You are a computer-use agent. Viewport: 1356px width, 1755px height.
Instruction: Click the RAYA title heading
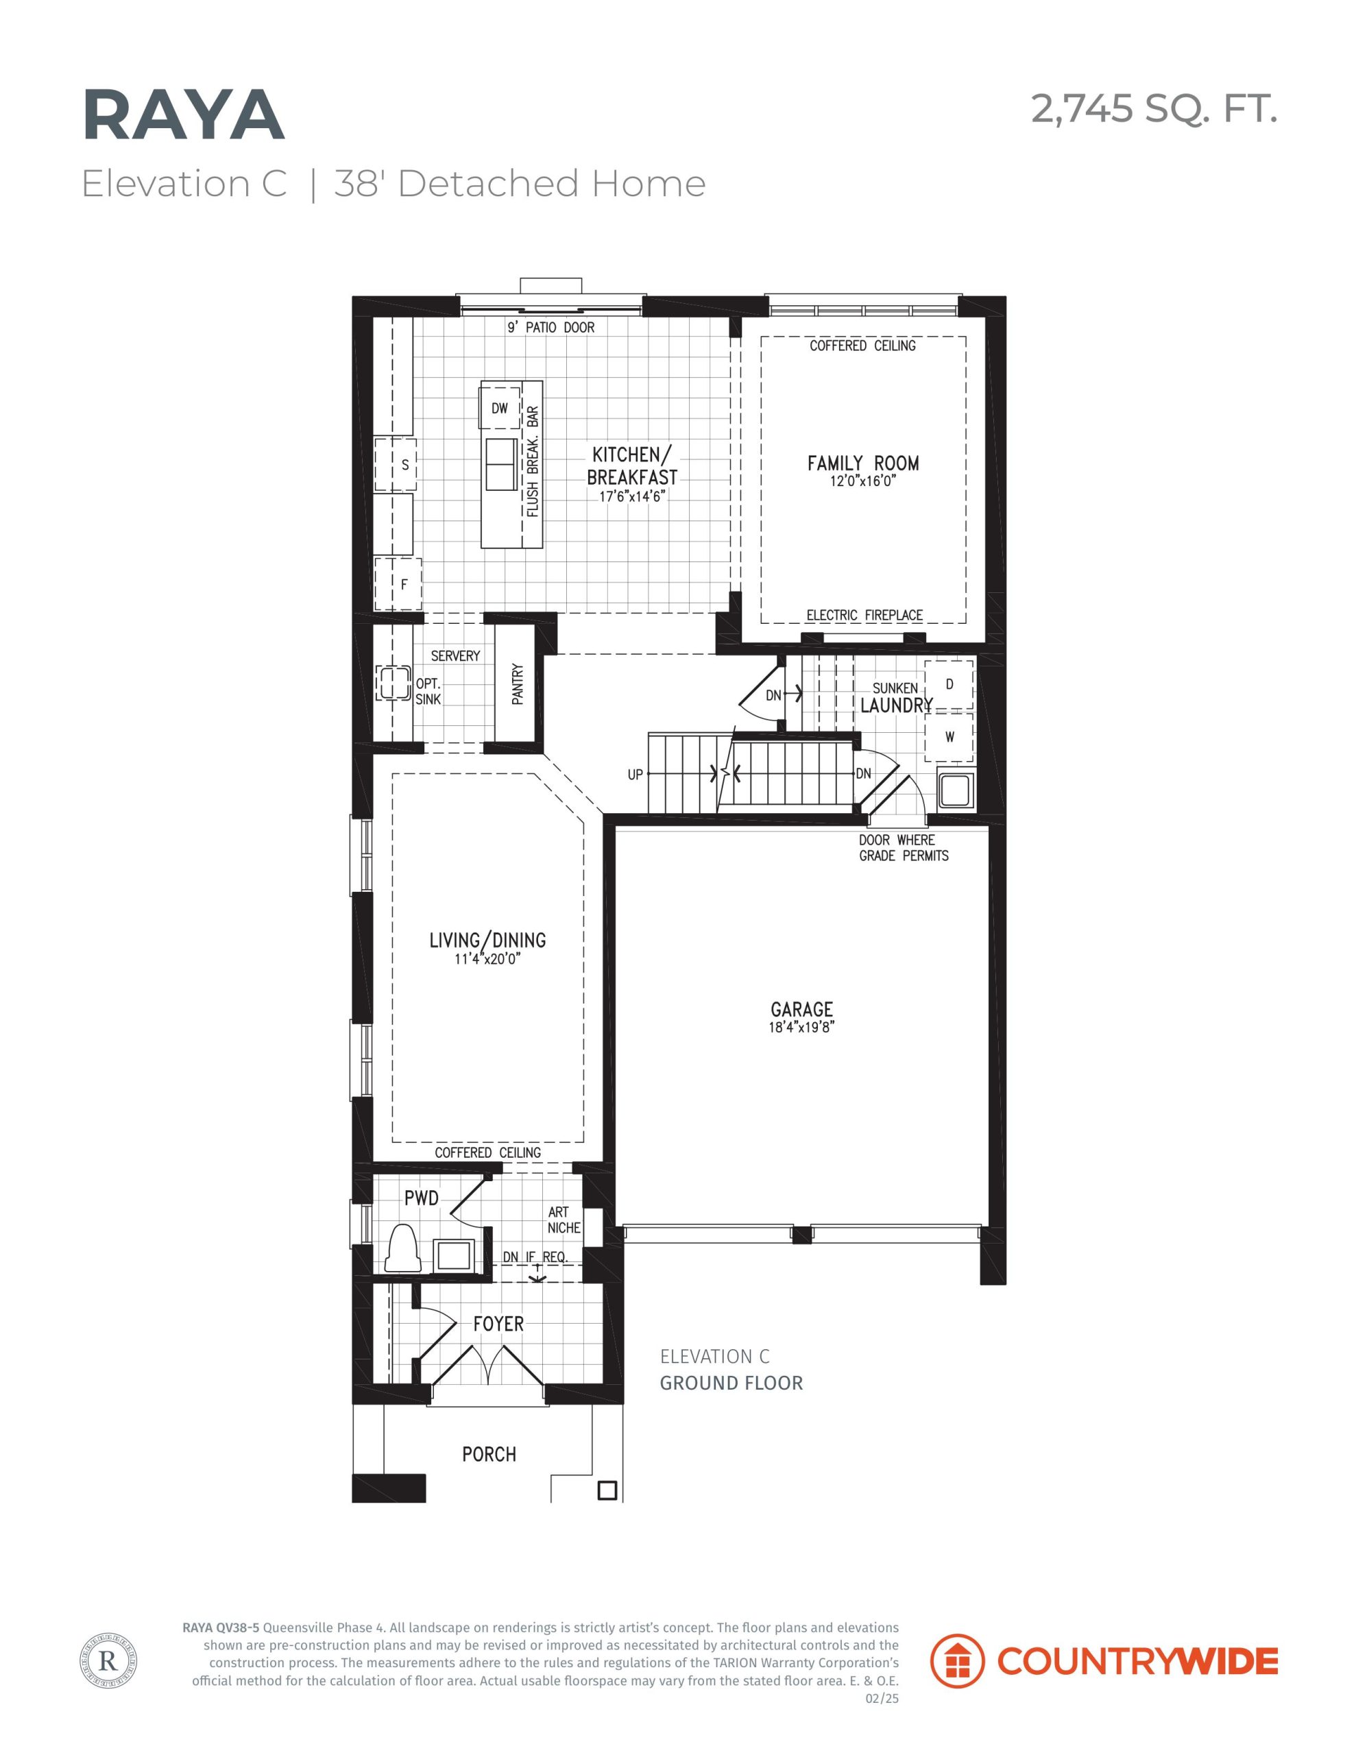(x=183, y=116)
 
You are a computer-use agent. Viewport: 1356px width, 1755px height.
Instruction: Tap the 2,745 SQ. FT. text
(x=1154, y=108)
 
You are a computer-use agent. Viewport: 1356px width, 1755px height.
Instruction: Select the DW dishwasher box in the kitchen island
(x=500, y=408)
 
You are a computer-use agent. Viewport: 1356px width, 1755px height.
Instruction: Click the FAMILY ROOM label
(x=862, y=463)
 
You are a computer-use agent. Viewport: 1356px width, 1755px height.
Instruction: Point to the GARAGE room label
(x=801, y=1009)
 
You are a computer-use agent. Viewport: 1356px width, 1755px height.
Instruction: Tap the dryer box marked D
(x=949, y=685)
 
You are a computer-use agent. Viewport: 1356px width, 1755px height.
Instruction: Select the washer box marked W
(x=949, y=737)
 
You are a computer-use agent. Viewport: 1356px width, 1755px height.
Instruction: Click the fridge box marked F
(x=396, y=584)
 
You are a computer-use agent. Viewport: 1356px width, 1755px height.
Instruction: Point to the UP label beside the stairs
(x=635, y=775)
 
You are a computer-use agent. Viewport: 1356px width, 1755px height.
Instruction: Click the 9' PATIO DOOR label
(x=550, y=327)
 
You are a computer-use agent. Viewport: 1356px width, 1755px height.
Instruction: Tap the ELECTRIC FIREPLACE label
(x=864, y=615)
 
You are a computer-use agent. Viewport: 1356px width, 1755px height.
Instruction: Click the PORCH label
(x=489, y=1453)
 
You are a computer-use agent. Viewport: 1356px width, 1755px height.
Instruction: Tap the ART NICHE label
(x=564, y=1220)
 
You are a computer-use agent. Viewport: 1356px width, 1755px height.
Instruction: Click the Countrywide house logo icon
(x=956, y=1661)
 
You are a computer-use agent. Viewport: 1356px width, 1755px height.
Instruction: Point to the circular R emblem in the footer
(x=108, y=1660)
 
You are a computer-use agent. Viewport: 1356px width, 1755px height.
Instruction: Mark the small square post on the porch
(x=607, y=1490)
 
